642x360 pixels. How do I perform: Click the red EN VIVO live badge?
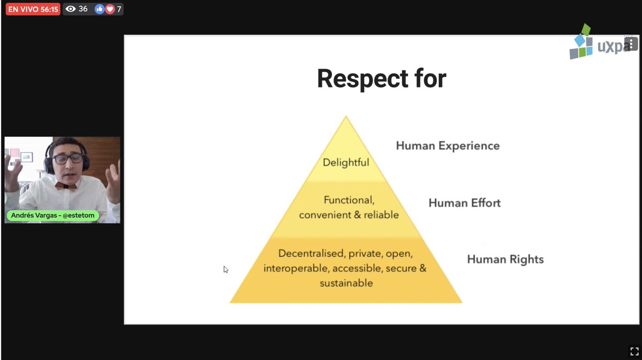click(x=33, y=9)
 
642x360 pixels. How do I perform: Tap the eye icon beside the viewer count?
click(x=71, y=9)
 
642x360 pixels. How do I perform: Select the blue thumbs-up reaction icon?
click(x=100, y=9)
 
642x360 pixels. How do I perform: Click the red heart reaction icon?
click(x=110, y=9)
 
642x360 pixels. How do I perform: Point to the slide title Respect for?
click(x=381, y=79)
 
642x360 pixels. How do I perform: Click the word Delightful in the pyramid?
click(x=346, y=162)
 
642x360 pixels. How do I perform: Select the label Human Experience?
click(x=448, y=145)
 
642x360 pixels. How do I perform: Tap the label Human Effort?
click(x=464, y=203)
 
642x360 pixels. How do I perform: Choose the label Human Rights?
click(x=505, y=259)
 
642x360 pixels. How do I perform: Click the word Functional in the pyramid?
click(x=348, y=200)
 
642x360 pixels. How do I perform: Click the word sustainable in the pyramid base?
click(x=346, y=283)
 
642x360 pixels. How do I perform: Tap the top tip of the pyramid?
click(x=346, y=117)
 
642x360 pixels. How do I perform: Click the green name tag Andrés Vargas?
click(x=52, y=216)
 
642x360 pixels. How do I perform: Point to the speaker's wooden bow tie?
click(x=65, y=186)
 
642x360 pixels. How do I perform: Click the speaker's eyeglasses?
click(x=67, y=158)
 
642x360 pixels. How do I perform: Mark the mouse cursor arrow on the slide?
click(x=226, y=270)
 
